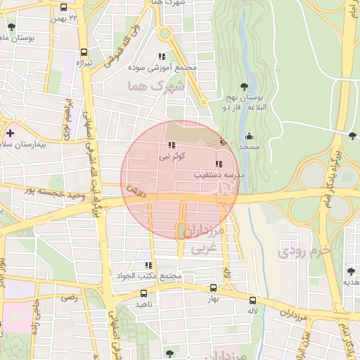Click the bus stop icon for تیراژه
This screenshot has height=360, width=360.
point(85,51)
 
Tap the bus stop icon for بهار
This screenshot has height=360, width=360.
point(214,288)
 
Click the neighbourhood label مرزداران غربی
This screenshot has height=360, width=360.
point(210,239)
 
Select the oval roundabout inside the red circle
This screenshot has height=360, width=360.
point(181,229)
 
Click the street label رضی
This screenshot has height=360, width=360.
point(69,297)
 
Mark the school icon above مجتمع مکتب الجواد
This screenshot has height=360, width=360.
point(148,265)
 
